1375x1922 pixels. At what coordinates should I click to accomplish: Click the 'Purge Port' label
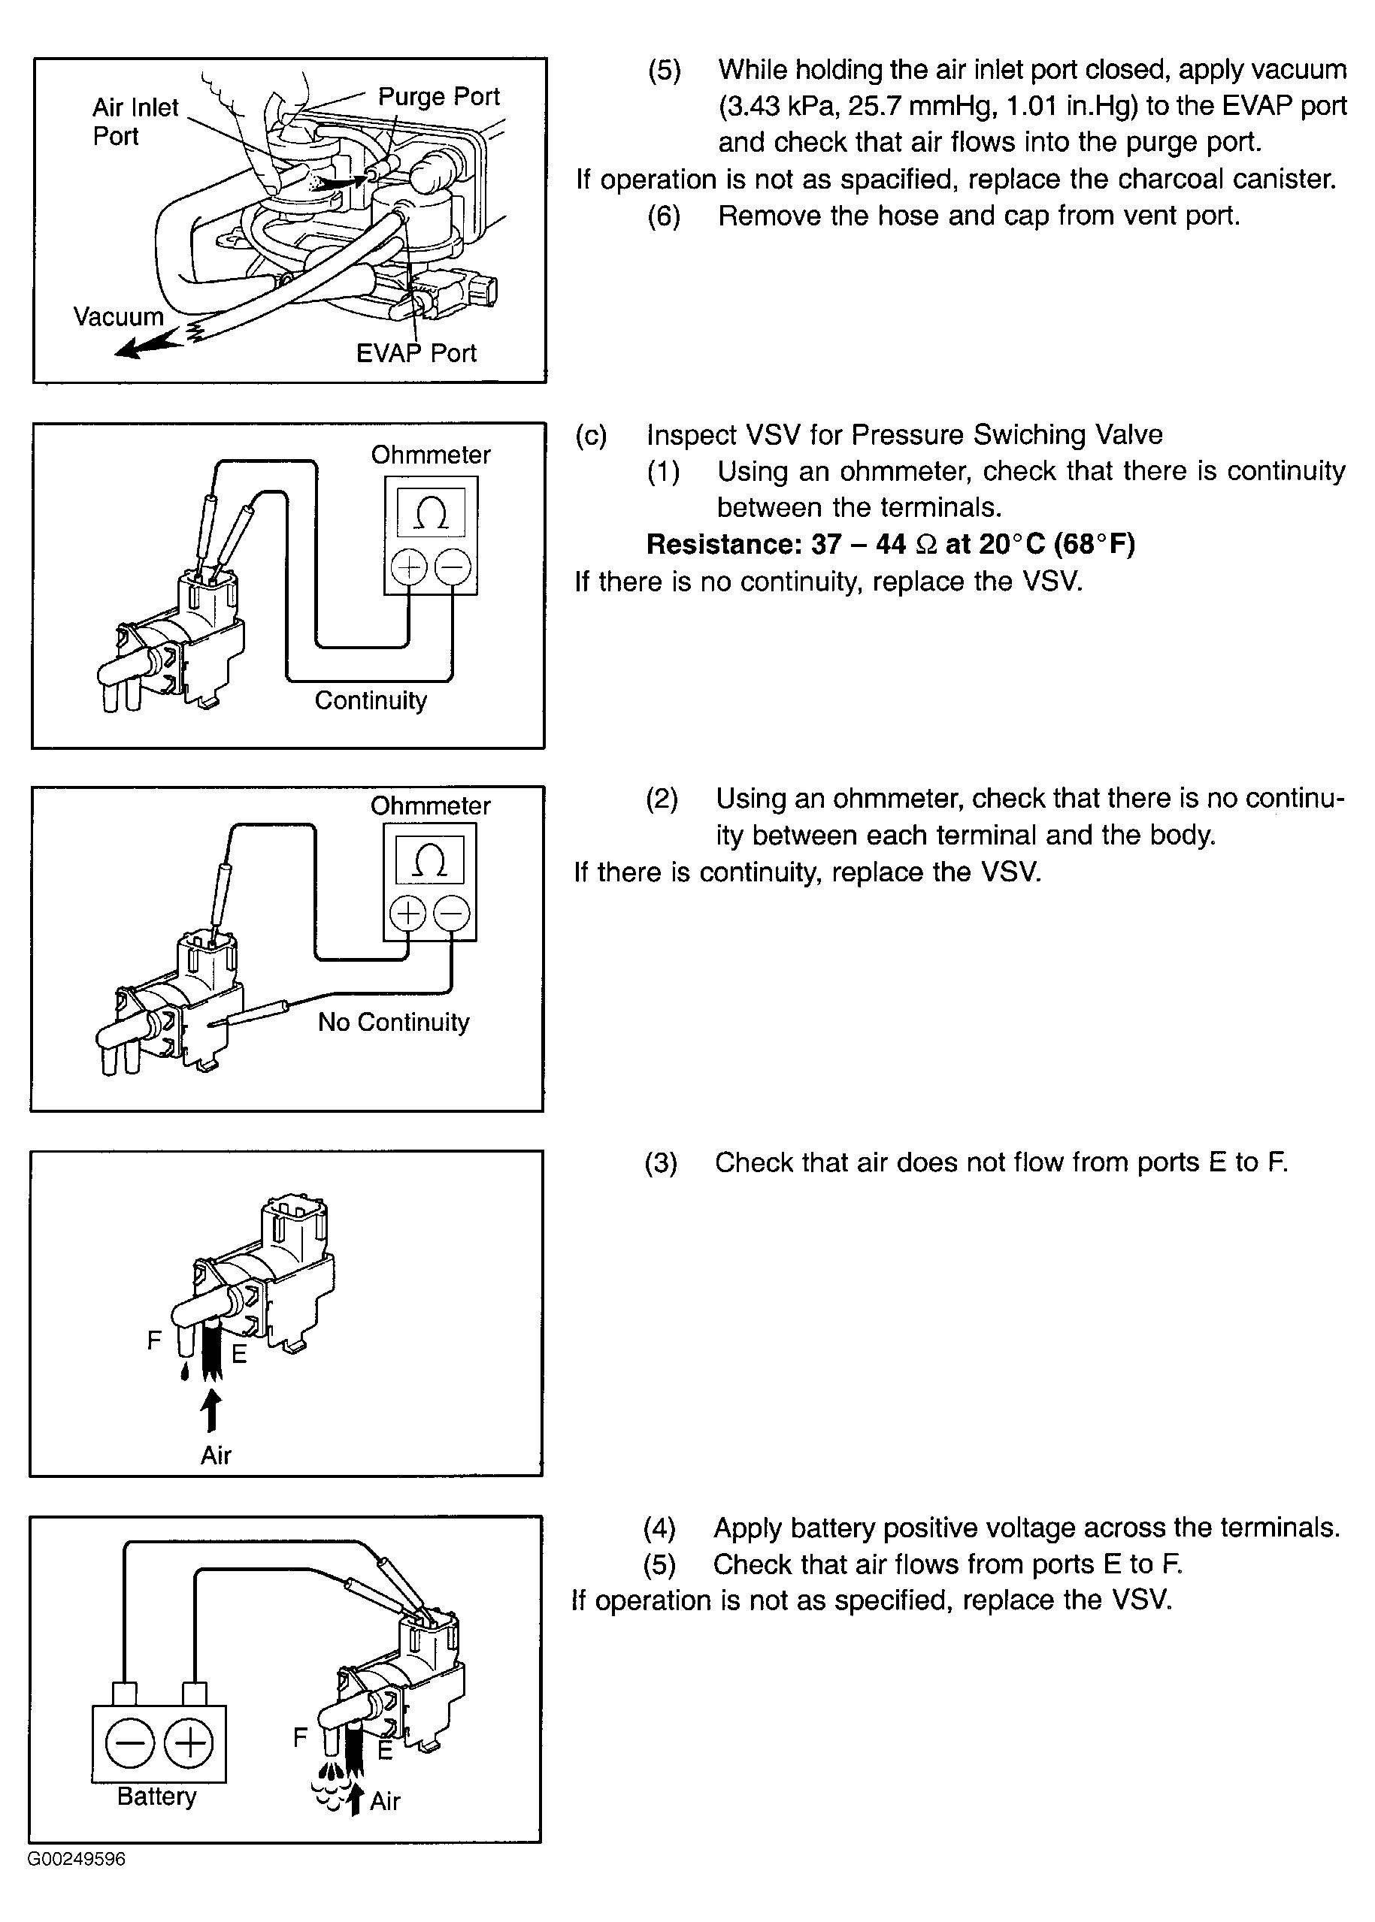pyautogui.click(x=438, y=96)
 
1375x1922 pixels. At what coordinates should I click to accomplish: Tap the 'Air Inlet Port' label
pyautogui.click(x=135, y=122)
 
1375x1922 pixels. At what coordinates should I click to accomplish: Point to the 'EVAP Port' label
pyautogui.click(x=416, y=353)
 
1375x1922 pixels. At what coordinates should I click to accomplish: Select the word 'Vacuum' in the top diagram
pyautogui.click(x=118, y=316)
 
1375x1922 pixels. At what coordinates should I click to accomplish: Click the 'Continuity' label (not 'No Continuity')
pyautogui.click(x=371, y=700)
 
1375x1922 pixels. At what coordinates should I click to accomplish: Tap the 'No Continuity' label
pyautogui.click(x=393, y=1022)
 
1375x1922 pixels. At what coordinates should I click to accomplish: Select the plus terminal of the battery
pyautogui.click(x=189, y=1742)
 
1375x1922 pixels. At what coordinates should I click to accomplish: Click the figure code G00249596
pyautogui.click(x=76, y=1860)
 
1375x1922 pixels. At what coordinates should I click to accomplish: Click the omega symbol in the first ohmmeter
pyautogui.click(x=431, y=512)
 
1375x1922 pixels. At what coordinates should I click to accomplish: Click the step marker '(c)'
pyautogui.click(x=591, y=435)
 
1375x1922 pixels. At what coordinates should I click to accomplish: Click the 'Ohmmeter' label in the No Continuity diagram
pyautogui.click(x=430, y=805)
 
